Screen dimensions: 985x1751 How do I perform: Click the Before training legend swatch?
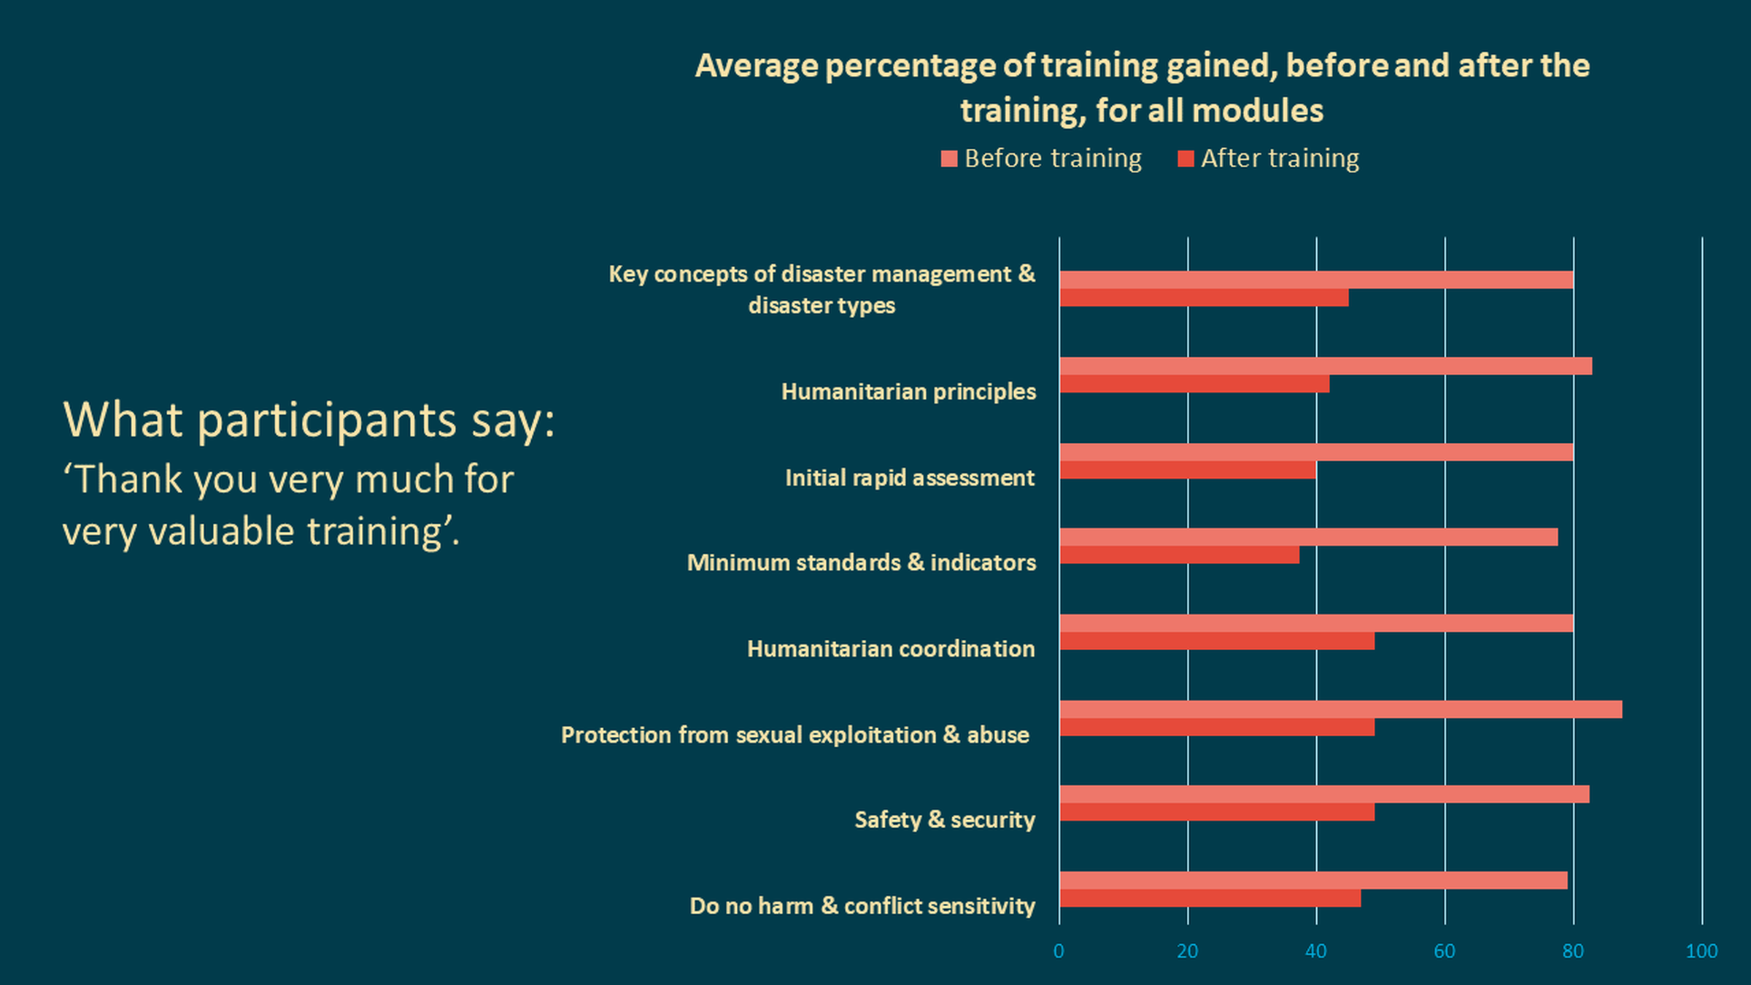click(948, 158)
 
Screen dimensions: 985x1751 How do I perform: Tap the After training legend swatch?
click(1186, 158)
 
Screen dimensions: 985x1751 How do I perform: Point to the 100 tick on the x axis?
click(1701, 951)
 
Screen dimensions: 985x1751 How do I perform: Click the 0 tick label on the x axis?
click(1059, 951)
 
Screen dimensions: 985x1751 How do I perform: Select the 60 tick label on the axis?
click(1445, 951)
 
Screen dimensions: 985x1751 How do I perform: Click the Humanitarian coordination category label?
click(891, 649)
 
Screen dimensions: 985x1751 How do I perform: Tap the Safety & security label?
click(945, 820)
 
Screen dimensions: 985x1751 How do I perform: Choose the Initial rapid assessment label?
click(910, 478)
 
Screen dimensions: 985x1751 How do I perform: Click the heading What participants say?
click(309, 420)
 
